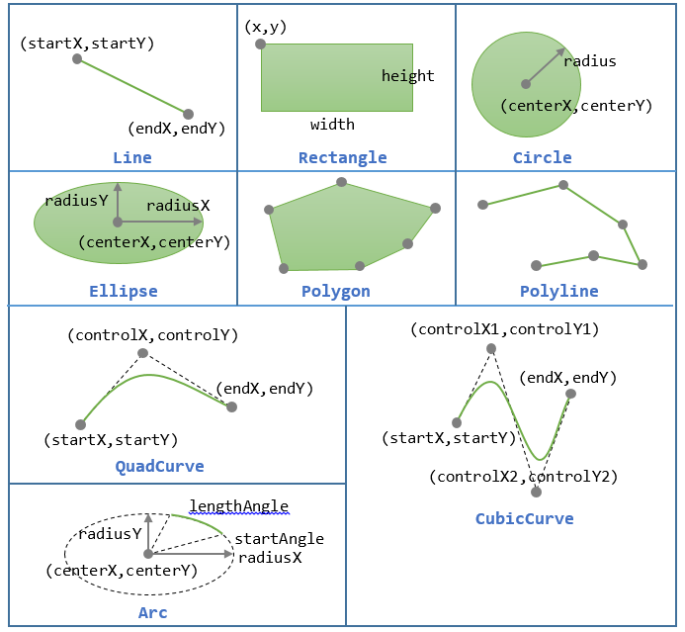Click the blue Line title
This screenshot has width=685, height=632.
(x=132, y=157)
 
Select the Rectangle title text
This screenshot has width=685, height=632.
(x=343, y=157)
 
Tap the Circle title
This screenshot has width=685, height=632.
(x=542, y=157)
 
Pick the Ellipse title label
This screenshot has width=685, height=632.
(x=123, y=291)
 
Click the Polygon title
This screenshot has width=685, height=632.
(x=336, y=291)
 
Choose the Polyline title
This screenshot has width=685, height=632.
(x=558, y=291)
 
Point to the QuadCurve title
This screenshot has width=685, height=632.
(x=159, y=466)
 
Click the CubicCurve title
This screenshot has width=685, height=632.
(x=524, y=517)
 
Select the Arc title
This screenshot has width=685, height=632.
(x=153, y=613)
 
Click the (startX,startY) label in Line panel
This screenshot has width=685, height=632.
(x=87, y=44)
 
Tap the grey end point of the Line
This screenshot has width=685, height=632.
(x=189, y=114)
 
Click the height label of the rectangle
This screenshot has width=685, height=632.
(x=407, y=76)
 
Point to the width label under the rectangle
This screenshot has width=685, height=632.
(x=332, y=125)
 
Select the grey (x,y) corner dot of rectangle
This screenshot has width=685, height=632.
(x=260, y=45)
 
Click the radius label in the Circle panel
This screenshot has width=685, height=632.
(x=589, y=61)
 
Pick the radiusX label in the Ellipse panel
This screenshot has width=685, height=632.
(x=178, y=206)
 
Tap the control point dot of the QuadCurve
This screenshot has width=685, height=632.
(x=142, y=353)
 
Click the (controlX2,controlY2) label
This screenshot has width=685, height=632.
(x=523, y=477)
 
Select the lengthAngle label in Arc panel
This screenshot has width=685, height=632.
(x=238, y=506)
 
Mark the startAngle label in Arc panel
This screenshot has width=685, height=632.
(x=279, y=539)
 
